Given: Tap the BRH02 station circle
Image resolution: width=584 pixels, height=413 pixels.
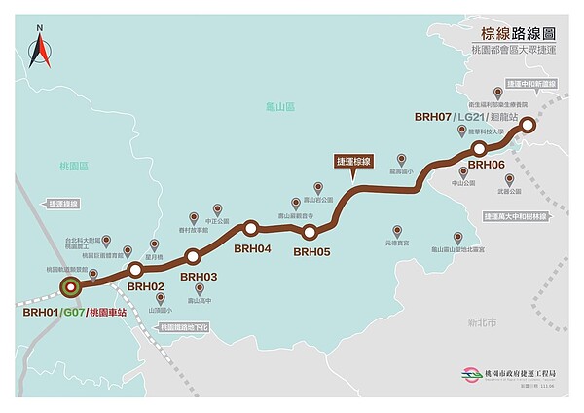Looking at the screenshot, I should coord(136,268).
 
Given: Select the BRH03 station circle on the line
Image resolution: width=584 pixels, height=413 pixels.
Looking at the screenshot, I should coord(191,256).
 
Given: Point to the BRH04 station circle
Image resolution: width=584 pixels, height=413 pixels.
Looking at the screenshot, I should coord(251,229).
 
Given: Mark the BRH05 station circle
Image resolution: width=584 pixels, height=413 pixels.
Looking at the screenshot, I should coord(310,232).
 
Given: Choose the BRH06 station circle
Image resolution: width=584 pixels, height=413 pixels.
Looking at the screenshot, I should coord(479,148).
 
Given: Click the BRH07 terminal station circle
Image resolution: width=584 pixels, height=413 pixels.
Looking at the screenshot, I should coord(527,124).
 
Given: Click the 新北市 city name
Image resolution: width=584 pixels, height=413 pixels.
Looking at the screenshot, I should coord(481,320).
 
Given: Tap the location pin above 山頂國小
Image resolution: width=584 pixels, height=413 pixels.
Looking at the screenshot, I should coord(147,299).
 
